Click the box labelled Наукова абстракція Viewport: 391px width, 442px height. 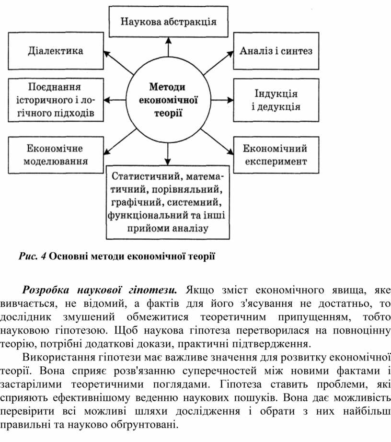click(168, 22)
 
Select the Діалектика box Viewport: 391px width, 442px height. click(56, 51)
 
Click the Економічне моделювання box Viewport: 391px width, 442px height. click(56, 154)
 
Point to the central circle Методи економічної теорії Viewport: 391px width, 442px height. click(168, 100)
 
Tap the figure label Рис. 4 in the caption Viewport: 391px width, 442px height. click(33, 256)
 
